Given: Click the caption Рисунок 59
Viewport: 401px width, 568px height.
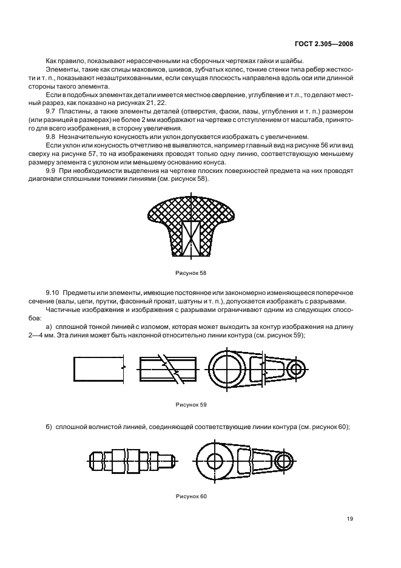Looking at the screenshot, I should [x=190, y=404].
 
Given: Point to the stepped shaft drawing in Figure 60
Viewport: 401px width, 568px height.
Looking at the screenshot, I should [x=133, y=461].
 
